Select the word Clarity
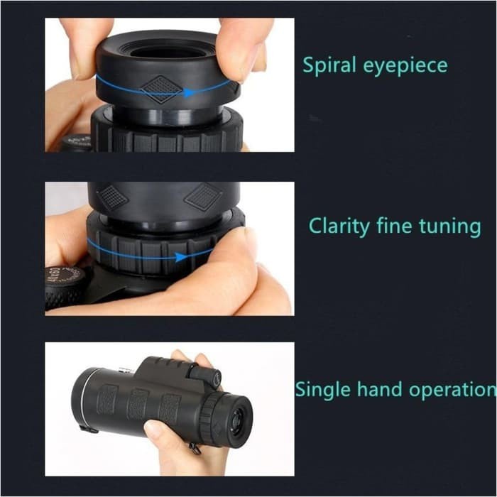point(337,227)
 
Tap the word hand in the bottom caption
point(376,389)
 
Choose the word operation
point(451,390)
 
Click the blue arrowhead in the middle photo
point(181,257)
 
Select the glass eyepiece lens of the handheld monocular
point(237,418)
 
